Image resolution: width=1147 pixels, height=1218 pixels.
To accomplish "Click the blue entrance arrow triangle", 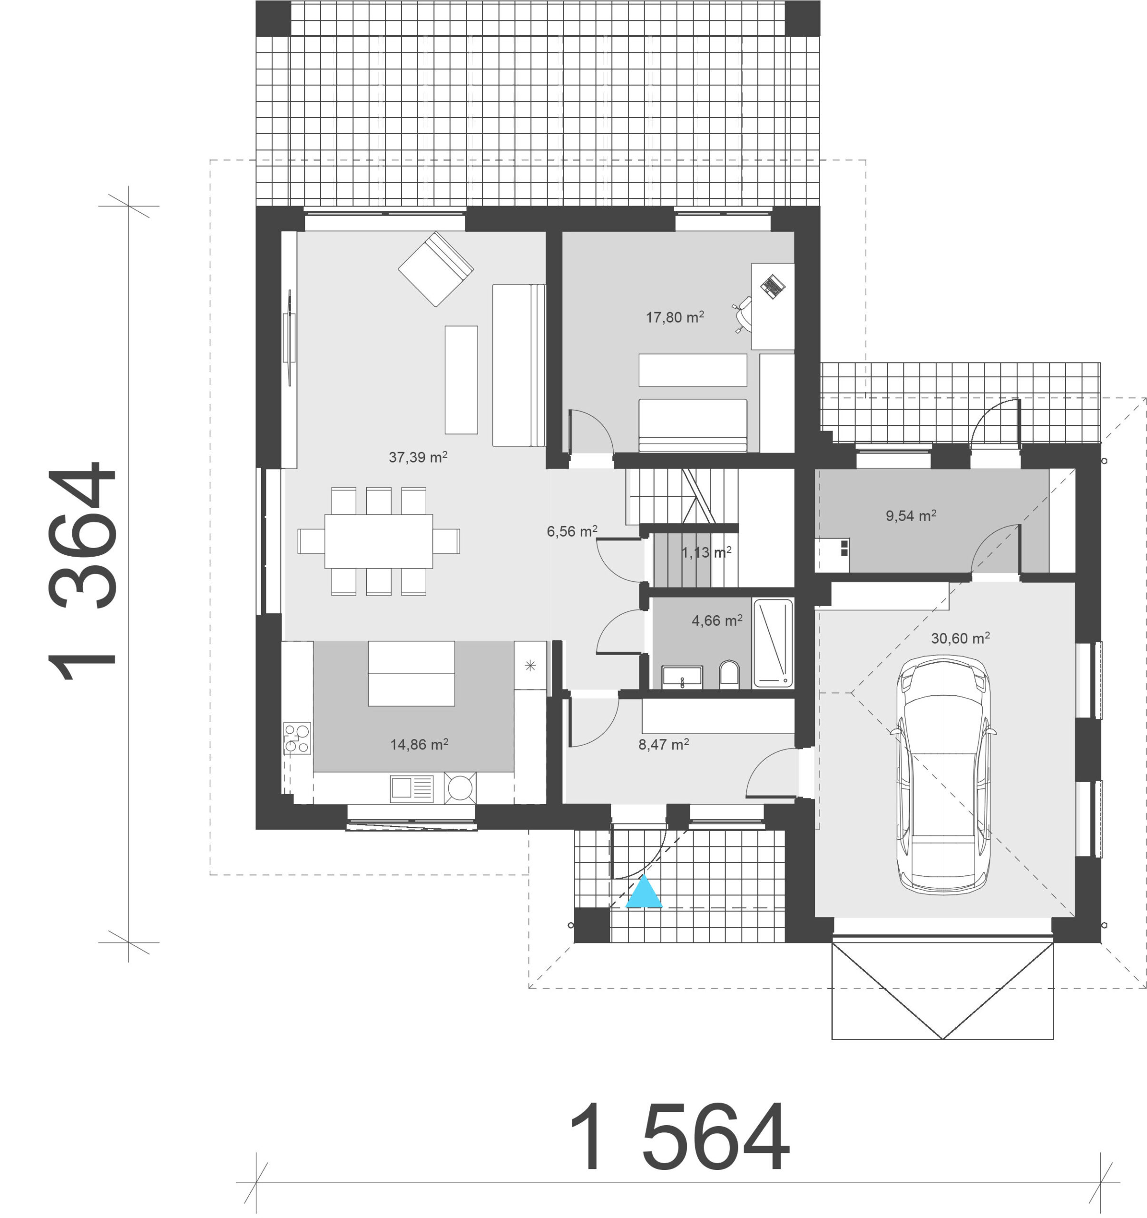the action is coord(644,893).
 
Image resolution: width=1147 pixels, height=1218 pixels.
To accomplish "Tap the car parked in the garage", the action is coord(943,774).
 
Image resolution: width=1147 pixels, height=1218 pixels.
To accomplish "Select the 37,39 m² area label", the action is coord(418,457).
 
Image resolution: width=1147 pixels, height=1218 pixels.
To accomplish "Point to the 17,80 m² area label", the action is coord(675,317).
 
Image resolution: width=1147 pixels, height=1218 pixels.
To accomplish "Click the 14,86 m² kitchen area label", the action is coord(419,745).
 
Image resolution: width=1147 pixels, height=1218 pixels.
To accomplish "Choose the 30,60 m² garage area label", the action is coord(960,638).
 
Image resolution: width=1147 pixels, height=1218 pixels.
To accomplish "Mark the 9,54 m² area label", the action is coord(911,516).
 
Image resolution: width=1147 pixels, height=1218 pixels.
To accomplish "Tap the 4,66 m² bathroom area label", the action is coord(717,620).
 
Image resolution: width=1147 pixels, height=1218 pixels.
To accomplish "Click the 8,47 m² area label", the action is coord(664,745).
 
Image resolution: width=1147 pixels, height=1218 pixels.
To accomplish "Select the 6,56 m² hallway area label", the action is coord(572,531).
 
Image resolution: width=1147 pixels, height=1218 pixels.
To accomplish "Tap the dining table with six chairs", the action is coord(379,541).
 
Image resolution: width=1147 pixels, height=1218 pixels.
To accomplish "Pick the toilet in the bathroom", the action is coord(729,674).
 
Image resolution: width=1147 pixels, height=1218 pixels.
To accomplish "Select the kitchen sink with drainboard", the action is coord(412,788).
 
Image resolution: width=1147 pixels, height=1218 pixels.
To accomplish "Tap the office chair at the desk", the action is coord(743,314).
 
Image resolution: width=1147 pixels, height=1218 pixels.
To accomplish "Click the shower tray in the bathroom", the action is coord(773,643).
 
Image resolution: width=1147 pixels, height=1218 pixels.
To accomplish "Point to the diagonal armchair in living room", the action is coord(436,268).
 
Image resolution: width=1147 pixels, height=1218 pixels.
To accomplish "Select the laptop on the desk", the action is coord(773,286).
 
